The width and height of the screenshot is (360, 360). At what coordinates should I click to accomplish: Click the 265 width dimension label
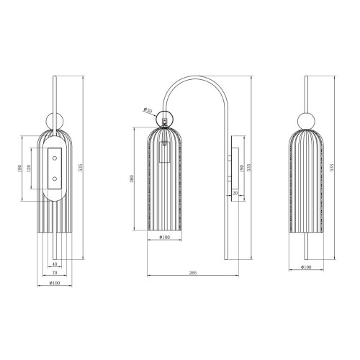tap(193, 273)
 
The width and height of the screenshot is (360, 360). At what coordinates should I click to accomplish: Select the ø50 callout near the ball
tap(148, 109)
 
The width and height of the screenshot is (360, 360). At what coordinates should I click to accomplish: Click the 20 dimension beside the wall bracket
tap(235, 193)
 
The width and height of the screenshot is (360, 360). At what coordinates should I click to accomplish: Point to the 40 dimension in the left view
tap(55, 264)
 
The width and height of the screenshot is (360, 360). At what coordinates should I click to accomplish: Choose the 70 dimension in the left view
tap(55, 274)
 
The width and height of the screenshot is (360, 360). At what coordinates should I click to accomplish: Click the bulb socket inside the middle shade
tap(164, 145)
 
